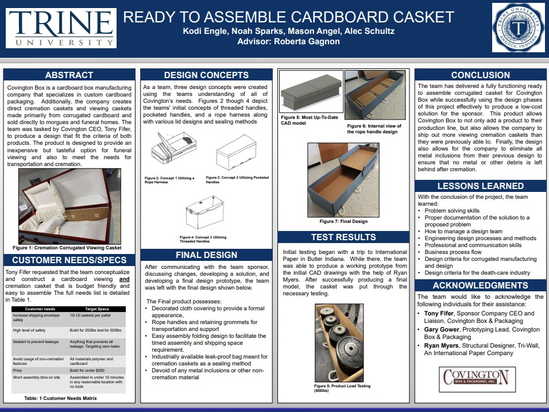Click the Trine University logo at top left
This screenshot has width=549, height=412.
click(x=60, y=28)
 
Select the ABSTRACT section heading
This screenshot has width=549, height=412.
click(x=69, y=75)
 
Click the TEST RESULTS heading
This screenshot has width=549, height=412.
click(x=343, y=237)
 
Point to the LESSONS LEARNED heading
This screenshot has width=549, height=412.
click(x=480, y=186)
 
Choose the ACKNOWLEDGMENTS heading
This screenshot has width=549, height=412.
click(x=480, y=286)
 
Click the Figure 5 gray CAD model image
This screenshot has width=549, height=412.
click(x=311, y=93)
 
